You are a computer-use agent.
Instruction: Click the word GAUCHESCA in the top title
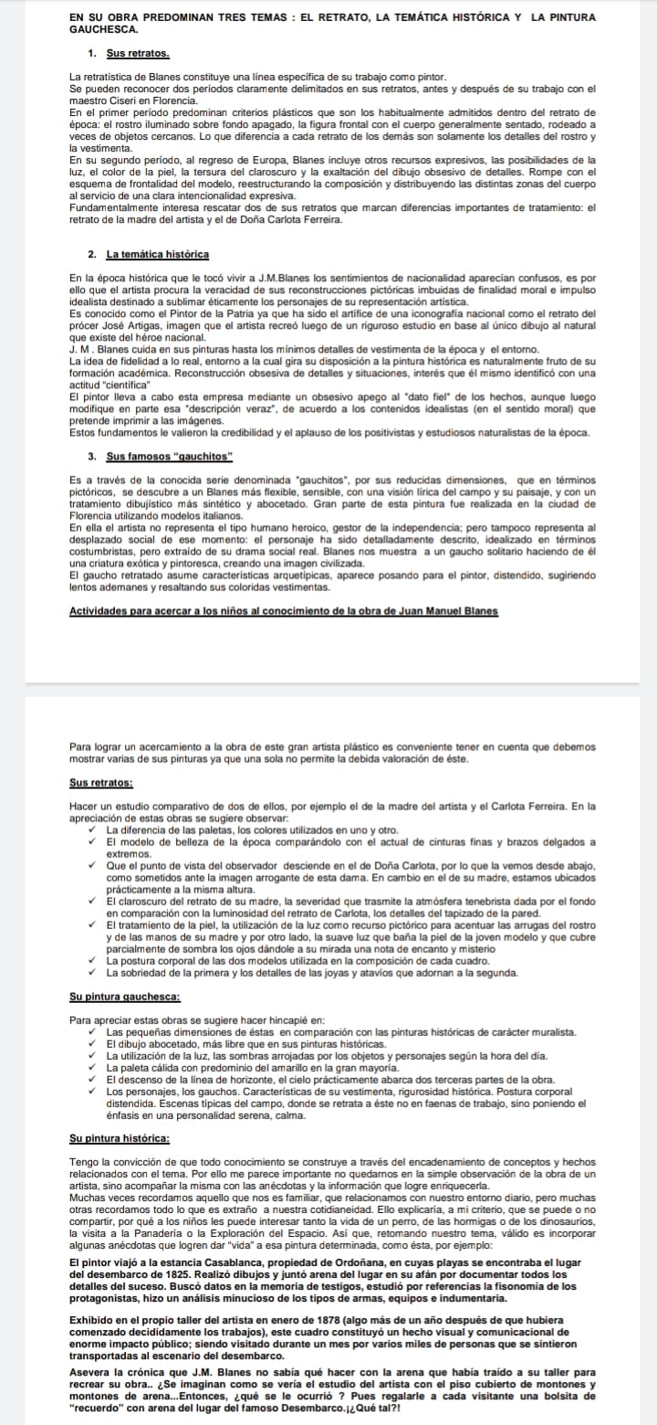point(99,30)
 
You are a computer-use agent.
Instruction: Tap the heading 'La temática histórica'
point(158,253)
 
